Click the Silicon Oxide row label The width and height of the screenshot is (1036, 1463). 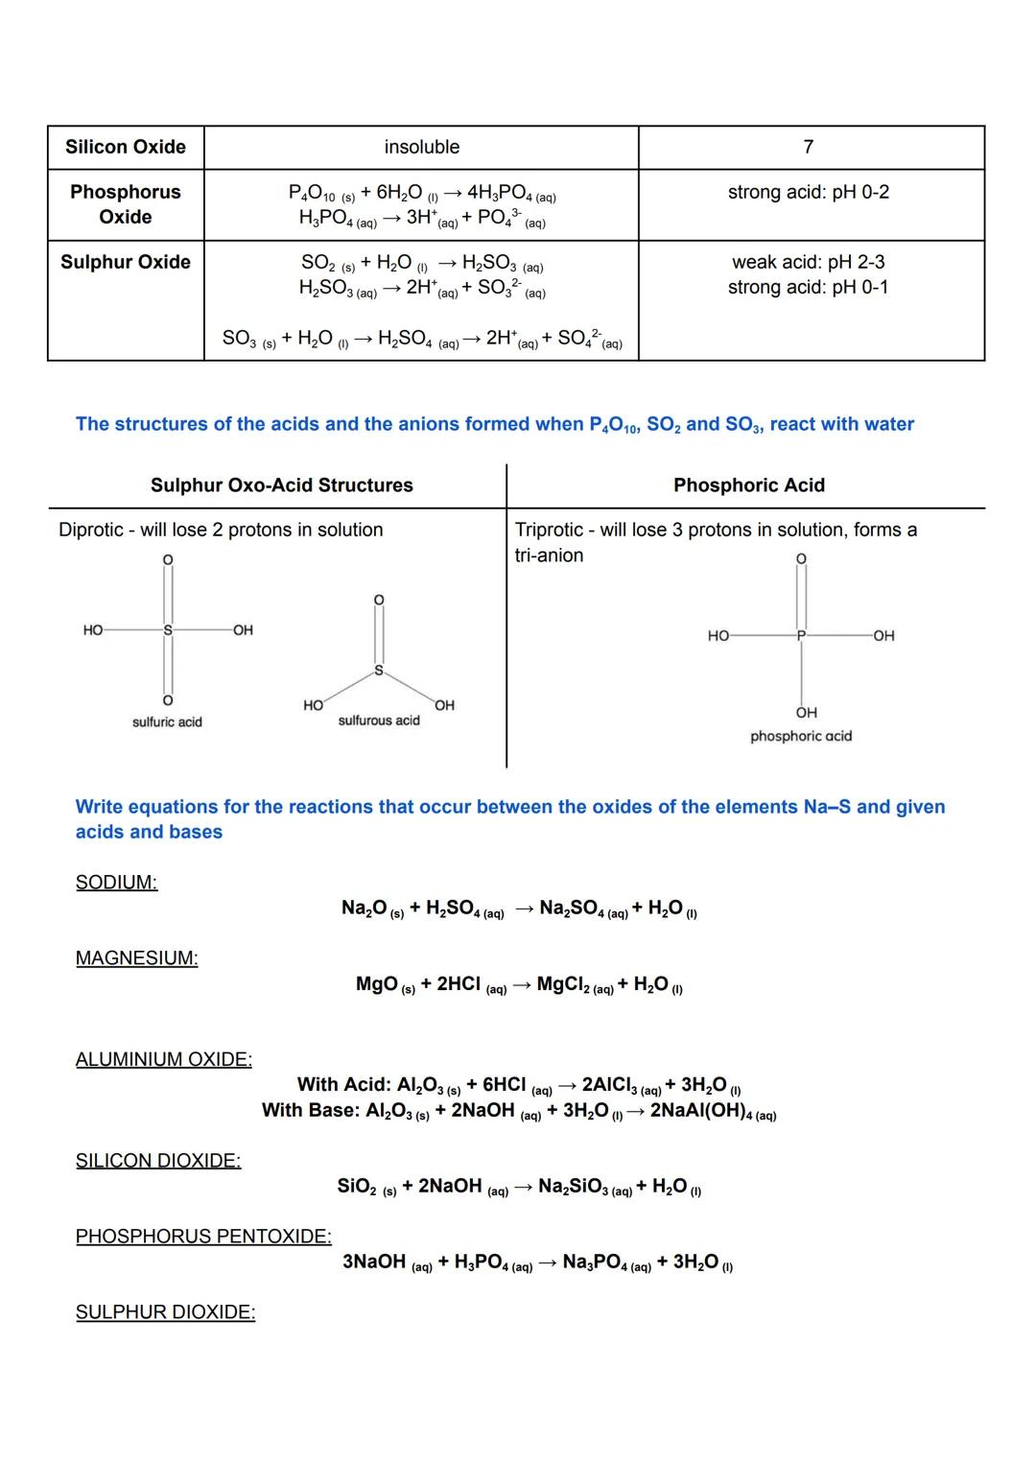(126, 147)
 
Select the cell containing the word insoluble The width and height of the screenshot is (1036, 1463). (421, 147)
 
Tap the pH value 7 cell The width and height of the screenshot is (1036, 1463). (809, 147)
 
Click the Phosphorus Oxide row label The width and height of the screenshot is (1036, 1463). (126, 204)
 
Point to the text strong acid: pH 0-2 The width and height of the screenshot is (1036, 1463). (809, 192)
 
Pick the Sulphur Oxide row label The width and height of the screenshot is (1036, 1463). (126, 262)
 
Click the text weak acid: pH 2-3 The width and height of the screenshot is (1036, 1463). (809, 262)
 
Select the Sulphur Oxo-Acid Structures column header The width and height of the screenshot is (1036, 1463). (281, 485)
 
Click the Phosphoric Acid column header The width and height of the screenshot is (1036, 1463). (749, 485)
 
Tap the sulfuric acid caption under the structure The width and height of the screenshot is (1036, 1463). (167, 722)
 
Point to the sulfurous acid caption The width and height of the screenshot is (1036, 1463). (379, 720)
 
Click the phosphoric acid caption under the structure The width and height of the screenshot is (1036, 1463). (801, 737)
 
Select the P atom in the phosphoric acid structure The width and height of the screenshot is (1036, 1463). (803, 635)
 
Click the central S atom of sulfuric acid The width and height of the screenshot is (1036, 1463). (168, 630)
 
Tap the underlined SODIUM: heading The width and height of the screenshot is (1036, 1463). (116, 883)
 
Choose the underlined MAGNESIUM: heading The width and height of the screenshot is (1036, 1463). (136, 958)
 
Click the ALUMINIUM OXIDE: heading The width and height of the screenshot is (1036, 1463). (163, 1060)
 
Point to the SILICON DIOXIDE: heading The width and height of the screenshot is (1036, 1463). (158, 1161)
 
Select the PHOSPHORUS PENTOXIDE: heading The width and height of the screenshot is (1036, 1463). (203, 1237)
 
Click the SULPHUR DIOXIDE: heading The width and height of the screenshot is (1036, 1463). (165, 1312)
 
